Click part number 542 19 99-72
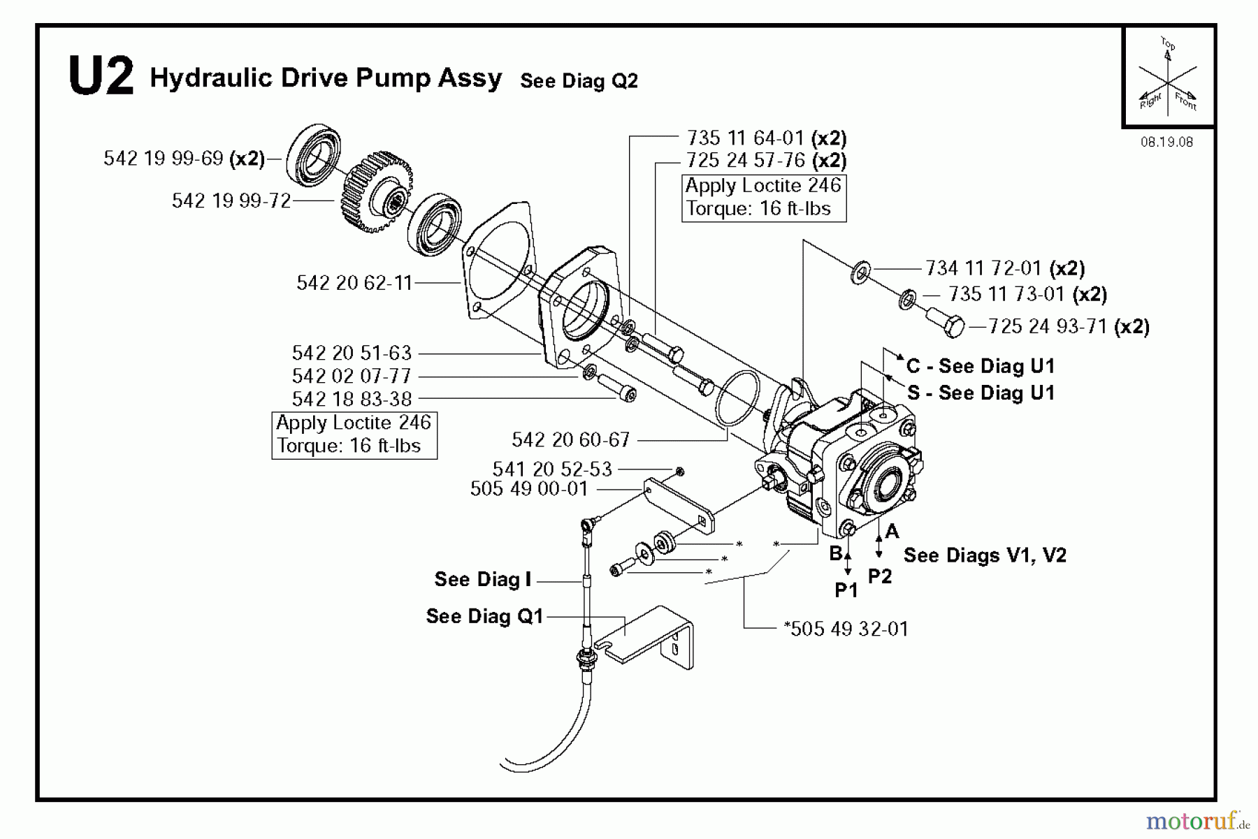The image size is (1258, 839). click(231, 201)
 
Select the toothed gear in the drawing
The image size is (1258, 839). click(376, 191)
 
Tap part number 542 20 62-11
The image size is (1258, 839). click(354, 283)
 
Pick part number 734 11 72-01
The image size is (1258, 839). click(983, 268)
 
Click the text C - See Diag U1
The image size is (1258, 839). click(980, 366)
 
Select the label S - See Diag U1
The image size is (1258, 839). click(981, 393)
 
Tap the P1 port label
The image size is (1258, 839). click(846, 590)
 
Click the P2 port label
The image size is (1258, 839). click(880, 576)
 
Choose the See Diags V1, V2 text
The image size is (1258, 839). click(985, 555)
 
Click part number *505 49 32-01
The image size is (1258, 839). click(846, 629)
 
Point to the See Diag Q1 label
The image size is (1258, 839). click(484, 616)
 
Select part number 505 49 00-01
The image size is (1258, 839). click(529, 488)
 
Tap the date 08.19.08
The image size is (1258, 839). click(1166, 143)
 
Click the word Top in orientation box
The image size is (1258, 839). click(1168, 44)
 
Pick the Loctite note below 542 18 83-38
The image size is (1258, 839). click(354, 435)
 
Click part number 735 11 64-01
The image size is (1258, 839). click(745, 138)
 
